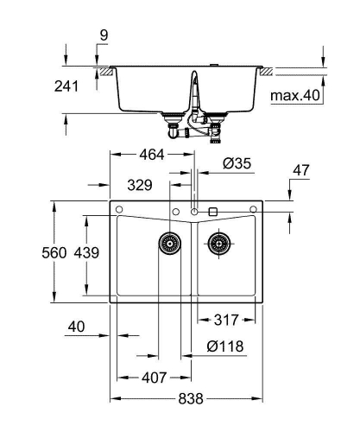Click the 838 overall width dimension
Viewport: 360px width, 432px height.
coord(191,398)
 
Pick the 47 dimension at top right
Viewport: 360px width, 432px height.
coord(300,171)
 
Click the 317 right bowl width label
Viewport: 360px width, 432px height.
coord(227,320)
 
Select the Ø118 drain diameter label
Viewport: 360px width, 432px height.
coord(225,346)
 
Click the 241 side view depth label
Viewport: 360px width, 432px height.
coord(66,86)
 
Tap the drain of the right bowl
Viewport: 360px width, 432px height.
coord(220,244)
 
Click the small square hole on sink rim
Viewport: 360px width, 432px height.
coord(212,211)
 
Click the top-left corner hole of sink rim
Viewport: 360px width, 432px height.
coord(119,210)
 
